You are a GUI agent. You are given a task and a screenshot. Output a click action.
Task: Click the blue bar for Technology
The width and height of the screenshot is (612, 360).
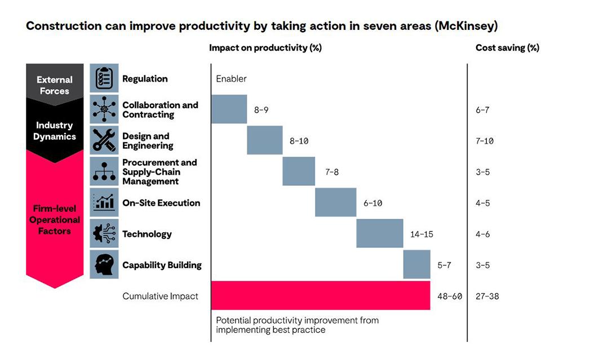379,233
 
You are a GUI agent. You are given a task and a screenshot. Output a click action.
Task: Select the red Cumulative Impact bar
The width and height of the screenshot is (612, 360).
320,295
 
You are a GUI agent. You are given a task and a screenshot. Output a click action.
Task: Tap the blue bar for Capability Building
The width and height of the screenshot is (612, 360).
416,264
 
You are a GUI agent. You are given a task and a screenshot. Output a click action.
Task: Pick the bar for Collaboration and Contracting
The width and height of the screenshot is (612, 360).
229,109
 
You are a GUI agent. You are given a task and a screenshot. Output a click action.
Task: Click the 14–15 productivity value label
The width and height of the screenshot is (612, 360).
422,234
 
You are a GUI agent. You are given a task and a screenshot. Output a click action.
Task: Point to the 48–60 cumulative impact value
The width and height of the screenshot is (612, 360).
449,296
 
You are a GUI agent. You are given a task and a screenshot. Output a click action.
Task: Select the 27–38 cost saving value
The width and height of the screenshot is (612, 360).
487,296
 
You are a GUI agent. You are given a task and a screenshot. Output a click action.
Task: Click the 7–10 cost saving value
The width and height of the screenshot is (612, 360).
484,141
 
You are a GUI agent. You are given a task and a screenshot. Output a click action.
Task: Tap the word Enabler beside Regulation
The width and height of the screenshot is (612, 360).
231,79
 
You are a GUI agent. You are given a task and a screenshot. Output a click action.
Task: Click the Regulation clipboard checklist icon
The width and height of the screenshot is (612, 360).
104,78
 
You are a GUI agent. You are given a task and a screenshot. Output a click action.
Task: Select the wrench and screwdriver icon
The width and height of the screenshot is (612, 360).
104,140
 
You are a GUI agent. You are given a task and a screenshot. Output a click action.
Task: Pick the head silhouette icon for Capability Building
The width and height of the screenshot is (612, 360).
104,264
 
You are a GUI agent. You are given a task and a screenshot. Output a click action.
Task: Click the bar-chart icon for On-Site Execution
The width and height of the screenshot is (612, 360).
104,202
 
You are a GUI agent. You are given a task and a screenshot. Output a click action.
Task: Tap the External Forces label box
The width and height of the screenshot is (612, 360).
54,85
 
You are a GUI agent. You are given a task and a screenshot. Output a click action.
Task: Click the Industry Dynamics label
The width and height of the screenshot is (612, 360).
54,131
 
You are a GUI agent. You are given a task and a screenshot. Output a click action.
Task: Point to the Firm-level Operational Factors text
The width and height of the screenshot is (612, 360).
55,220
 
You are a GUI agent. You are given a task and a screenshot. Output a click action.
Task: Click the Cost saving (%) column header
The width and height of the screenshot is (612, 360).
507,48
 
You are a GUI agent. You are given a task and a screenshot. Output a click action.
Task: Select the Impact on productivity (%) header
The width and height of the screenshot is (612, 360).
265,48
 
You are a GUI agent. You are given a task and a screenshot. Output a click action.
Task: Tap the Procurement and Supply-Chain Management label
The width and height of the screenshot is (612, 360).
159,172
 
